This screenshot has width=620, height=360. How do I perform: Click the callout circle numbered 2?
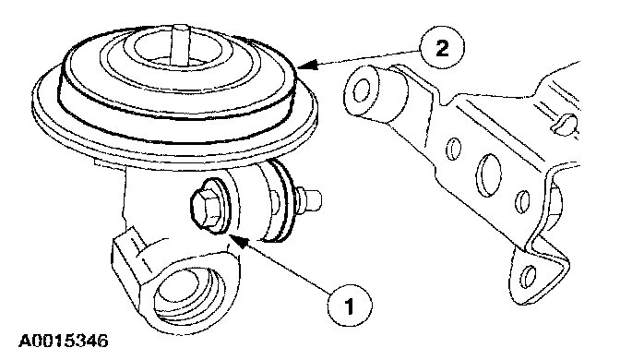[x=442, y=49]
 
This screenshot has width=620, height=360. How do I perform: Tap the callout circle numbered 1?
[x=350, y=306]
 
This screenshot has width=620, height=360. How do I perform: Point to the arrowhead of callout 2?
[x=307, y=65]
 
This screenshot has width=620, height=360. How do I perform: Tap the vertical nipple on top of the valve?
[x=180, y=44]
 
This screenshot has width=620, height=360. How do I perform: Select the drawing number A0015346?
[x=64, y=341]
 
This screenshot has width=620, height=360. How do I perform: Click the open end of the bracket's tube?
[x=359, y=90]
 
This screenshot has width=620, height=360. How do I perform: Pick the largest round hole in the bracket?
[x=489, y=174]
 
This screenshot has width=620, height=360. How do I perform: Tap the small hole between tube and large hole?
[x=454, y=149]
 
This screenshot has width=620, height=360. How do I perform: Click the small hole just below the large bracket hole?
[x=523, y=201]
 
